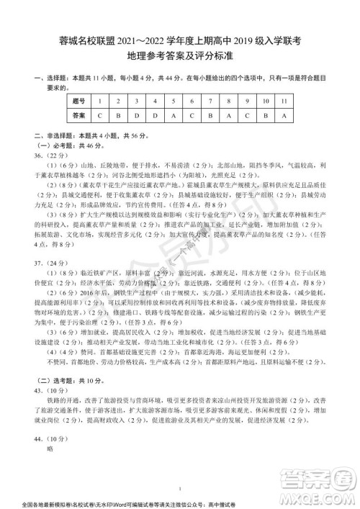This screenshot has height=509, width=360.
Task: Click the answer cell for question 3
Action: [x=135, y=114]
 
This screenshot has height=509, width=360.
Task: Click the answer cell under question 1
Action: [x=97, y=114]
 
